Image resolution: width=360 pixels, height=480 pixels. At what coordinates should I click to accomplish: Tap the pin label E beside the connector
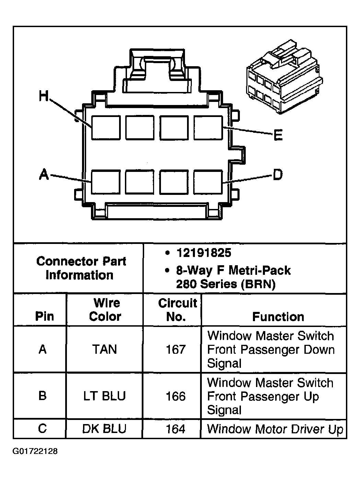click(278, 136)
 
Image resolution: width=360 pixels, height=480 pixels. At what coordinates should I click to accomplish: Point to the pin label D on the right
click(277, 175)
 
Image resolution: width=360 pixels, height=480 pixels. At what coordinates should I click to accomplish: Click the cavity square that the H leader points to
click(106, 128)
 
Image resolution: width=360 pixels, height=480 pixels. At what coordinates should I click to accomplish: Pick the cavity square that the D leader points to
click(208, 182)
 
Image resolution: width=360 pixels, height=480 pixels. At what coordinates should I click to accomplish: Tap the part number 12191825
click(204, 253)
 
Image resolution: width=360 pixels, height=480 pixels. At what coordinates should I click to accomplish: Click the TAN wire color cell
click(104, 350)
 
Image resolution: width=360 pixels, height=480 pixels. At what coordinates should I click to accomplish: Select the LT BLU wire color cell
click(104, 396)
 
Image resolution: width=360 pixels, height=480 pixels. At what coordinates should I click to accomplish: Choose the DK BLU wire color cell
click(104, 429)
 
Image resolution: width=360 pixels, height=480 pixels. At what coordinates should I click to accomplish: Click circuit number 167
click(175, 350)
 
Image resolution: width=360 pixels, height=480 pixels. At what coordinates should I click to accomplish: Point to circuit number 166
click(175, 396)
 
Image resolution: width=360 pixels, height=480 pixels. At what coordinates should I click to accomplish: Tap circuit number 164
click(175, 429)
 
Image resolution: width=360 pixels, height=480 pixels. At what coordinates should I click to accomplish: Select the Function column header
click(278, 317)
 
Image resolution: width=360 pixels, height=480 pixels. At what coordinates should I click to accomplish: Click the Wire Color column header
click(105, 310)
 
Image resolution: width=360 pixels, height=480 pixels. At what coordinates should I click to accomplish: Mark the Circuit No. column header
click(176, 310)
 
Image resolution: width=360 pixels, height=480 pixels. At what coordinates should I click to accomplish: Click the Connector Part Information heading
click(81, 268)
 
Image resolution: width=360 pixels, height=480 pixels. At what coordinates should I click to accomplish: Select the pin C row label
click(43, 429)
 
